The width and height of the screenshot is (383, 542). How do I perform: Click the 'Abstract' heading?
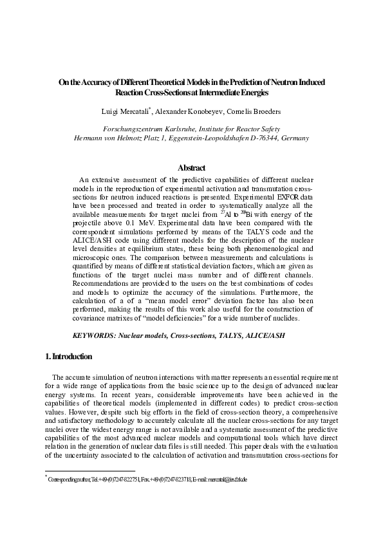tap(191, 168)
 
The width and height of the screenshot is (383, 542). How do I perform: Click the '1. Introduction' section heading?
tap(69, 357)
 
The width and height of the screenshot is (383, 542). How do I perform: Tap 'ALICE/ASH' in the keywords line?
tap(262, 335)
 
